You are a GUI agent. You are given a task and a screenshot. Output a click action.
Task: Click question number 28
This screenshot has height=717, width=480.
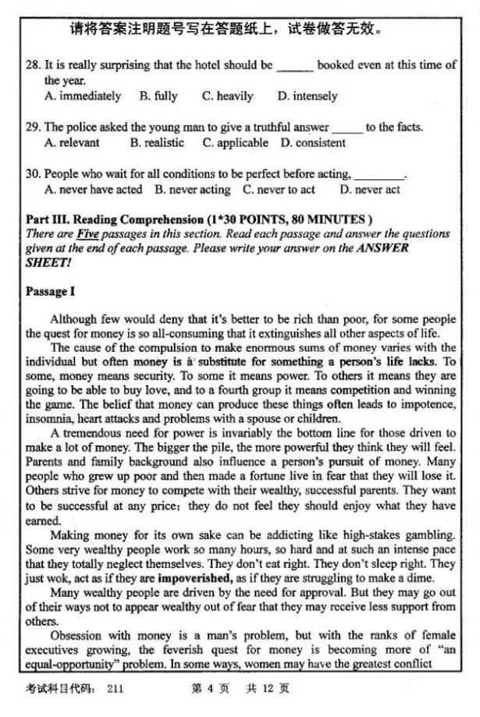tap(33, 66)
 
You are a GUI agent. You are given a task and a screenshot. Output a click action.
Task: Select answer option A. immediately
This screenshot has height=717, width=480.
tap(83, 96)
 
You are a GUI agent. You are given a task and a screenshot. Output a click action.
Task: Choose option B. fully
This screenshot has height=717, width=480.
tap(158, 96)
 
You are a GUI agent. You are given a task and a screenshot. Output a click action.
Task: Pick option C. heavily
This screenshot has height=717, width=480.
tap(227, 96)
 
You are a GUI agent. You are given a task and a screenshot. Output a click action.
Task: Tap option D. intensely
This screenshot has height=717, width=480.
tap(308, 96)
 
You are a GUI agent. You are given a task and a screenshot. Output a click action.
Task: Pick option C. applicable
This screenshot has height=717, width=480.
tap(235, 143)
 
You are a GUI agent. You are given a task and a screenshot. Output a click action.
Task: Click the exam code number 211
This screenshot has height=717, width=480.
tap(116, 689)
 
